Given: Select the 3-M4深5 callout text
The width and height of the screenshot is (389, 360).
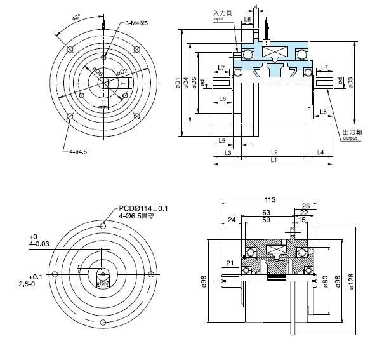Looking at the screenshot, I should tap(137, 23).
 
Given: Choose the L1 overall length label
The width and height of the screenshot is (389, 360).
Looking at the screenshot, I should tap(274, 161).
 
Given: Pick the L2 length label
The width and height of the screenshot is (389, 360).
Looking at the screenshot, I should tap(274, 152).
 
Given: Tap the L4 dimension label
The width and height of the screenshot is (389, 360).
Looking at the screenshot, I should tap(320, 152).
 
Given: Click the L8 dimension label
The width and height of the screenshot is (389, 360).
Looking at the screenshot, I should tap(247, 20).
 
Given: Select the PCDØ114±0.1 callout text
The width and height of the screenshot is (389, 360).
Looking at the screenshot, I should tap(148, 208).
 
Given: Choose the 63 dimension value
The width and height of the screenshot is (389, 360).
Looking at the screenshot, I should tap(266, 213).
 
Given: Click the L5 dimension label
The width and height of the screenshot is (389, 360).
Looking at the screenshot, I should tap(222, 140).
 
